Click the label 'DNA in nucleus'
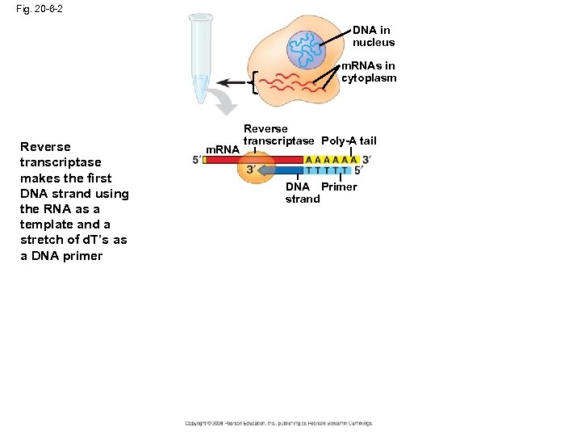[373, 36]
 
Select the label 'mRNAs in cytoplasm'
[369, 72]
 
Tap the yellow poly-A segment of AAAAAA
[331, 159]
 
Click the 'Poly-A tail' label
[349, 141]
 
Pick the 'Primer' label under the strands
[339, 187]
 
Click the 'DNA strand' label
[302, 193]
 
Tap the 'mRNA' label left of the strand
[223, 149]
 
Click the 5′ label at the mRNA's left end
[196, 160]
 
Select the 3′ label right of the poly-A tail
[366, 159]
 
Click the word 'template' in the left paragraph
[47, 224]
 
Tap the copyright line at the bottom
[278, 422]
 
